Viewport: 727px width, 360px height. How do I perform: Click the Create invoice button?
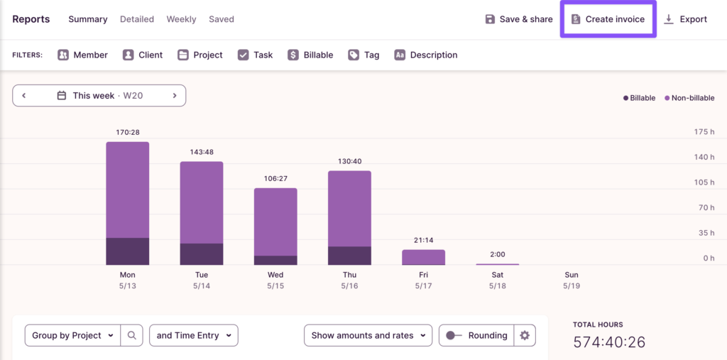(x=608, y=19)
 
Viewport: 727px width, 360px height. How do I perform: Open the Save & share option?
(x=518, y=19)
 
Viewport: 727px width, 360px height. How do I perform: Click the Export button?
(x=685, y=19)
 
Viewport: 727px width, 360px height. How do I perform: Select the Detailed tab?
(x=137, y=19)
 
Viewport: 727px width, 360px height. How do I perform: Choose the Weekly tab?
(x=181, y=19)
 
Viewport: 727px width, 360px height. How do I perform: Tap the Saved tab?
(x=221, y=19)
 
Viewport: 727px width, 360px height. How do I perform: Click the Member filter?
(x=82, y=55)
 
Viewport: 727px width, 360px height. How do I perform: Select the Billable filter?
(x=310, y=55)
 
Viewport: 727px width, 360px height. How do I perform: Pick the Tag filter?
(x=363, y=55)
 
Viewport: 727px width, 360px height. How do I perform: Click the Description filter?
(x=425, y=55)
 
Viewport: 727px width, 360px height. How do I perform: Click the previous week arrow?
(x=23, y=95)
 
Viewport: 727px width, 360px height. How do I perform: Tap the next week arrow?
(x=175, y=95)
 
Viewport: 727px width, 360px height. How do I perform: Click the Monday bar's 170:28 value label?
(x=128, y=132)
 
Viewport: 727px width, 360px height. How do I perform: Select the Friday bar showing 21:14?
(x=423, y=256)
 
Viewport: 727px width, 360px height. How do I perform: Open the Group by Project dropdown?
(x=72, y=335)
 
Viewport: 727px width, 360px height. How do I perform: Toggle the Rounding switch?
(x=452, y=335)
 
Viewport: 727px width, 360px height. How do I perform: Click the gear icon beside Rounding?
(x=525, y=335)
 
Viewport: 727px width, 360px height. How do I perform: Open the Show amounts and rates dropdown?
(x=367, y=335)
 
